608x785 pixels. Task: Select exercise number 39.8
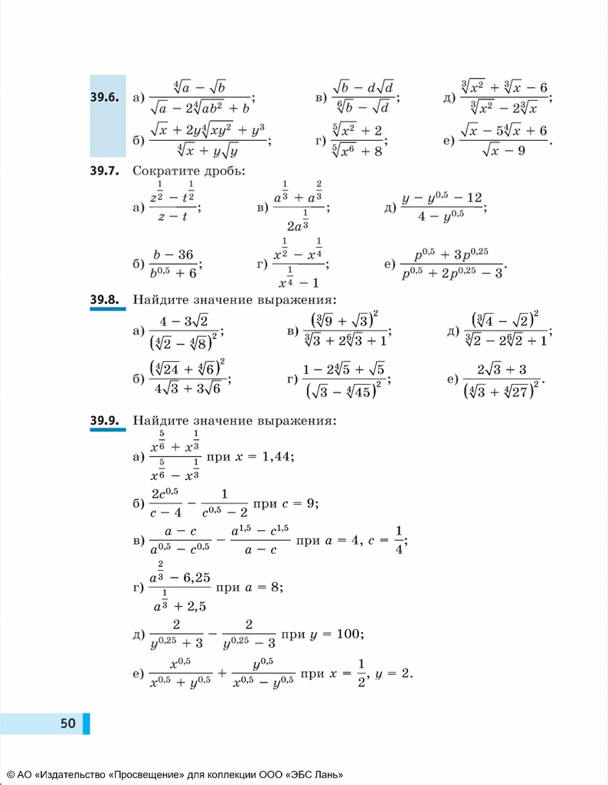coord(103,299)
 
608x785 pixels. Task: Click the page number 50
coord(68,723)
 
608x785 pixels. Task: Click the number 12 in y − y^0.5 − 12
coord(473,198)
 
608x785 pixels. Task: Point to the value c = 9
coord(299,503)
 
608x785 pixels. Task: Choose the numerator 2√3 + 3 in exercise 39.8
coord(502,370)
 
